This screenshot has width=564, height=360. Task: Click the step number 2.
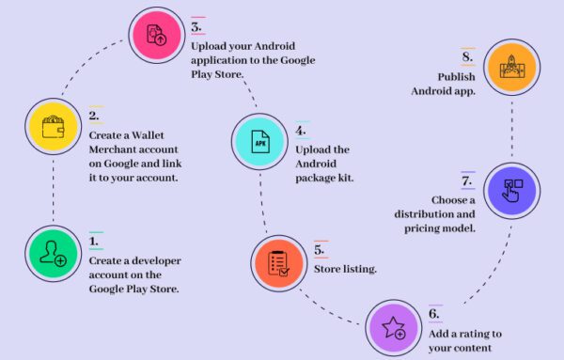[94, 116]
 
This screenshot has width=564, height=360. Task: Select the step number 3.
[196, 26]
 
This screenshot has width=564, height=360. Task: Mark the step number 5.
[320, 251]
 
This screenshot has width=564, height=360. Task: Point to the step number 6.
[433, 315]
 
